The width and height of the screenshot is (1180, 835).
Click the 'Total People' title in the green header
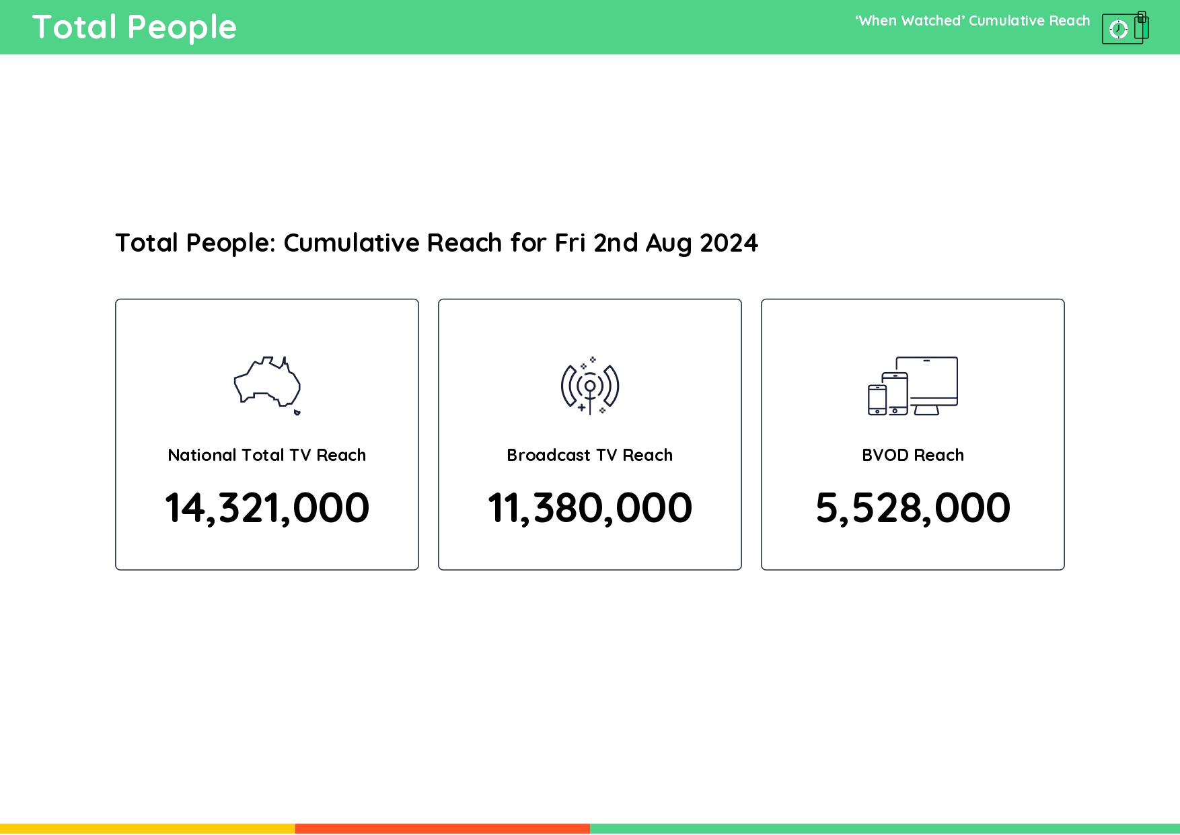[135, 28]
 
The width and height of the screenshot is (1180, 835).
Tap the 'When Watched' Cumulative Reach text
[972, 21]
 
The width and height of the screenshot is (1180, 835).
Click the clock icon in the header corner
[1118, 29]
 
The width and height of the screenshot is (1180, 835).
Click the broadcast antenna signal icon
[590, 386]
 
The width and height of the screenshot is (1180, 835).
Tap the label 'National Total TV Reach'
[267, 456]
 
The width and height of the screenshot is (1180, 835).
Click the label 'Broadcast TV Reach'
[590, 456]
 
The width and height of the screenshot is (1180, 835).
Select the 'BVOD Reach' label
[913, 456]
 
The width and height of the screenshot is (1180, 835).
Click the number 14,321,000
[267, 507]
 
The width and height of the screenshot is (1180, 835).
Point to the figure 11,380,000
[590, 507]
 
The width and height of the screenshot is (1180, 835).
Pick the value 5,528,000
[913, 507]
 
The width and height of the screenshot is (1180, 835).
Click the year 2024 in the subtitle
[729, 243]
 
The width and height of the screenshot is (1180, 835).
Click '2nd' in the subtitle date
[616, 243]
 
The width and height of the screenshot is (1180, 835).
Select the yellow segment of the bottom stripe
[147, 829]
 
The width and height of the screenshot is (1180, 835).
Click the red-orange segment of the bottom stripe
[443, 829]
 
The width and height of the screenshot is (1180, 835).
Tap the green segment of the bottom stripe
[885, 829]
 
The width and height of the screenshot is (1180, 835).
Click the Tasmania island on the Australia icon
[297, 412]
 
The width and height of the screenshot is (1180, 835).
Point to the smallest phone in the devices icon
[877, 400]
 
